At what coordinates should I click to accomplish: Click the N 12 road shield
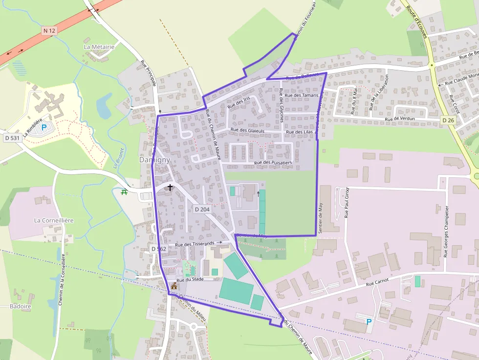tap(49, 31)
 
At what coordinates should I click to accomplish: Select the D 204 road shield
tap(202, 209)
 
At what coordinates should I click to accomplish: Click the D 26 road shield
tap(448, 120)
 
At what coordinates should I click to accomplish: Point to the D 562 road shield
tap(159, 249)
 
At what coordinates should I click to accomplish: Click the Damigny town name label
tap(154, 160)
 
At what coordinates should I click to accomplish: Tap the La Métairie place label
tap(99, 47)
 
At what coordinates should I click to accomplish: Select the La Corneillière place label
tap(54, 220)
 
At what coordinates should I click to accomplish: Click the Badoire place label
tap(21, 306)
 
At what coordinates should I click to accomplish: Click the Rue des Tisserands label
tap(195, 244)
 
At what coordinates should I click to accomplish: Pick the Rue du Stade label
tap(190, 280)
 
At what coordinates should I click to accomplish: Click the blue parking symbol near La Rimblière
tap(44, 127)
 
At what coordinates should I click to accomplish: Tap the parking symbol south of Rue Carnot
tap(369, 321)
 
